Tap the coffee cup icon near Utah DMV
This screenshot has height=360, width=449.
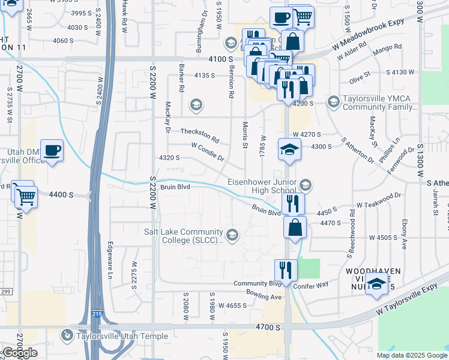point(52,151)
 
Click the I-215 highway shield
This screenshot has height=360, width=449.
point(97,314)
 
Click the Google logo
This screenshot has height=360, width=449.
point(19,353)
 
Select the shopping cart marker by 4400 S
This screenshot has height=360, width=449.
point(26,196)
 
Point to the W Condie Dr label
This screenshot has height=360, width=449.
point(207,152)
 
